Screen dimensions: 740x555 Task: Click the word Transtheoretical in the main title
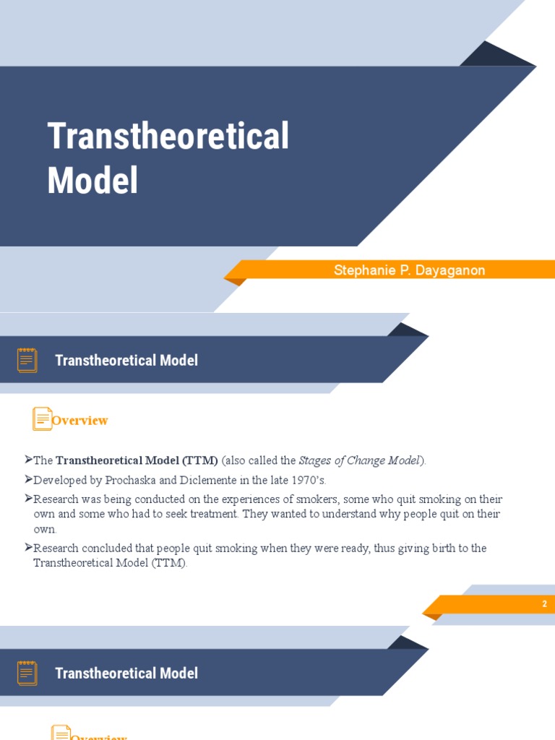(168, 136)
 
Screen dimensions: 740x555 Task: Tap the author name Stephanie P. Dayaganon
(409, 270)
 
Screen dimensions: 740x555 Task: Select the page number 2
(545, 604)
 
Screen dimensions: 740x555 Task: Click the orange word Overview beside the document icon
(80, 421)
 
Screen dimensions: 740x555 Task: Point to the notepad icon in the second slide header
(27, 360)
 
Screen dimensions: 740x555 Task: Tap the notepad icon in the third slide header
(27, 673)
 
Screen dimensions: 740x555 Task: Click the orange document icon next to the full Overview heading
(42, 419)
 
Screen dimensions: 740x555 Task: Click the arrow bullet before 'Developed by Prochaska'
(28, 479)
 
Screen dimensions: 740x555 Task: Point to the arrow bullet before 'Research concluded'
(28, 548)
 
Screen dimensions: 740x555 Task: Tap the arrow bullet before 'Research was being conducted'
(28, 499)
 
